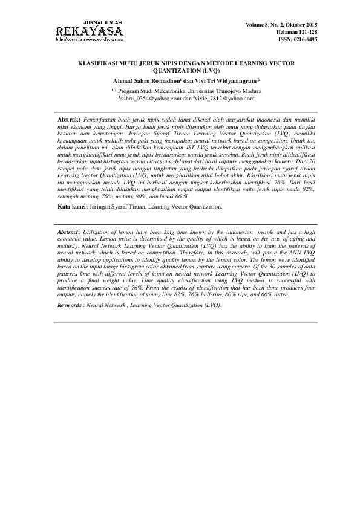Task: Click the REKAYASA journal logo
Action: point(89,31)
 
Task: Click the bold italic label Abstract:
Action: point(69,232)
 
